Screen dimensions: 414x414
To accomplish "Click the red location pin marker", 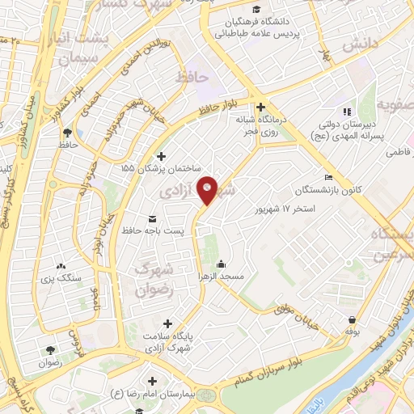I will pos(208,189).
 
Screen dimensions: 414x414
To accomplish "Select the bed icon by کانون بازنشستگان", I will pos(328,178).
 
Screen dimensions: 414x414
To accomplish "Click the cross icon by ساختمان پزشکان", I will pos(161,156).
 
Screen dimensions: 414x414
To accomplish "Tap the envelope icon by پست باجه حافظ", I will pos(153,219).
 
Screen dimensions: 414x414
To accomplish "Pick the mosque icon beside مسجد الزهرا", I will pos(221,264).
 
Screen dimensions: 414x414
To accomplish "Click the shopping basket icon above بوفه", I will pos(352,319).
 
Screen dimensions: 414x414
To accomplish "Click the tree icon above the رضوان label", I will pos(51,350).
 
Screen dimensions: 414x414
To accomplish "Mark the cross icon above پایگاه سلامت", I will pos(167,323).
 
